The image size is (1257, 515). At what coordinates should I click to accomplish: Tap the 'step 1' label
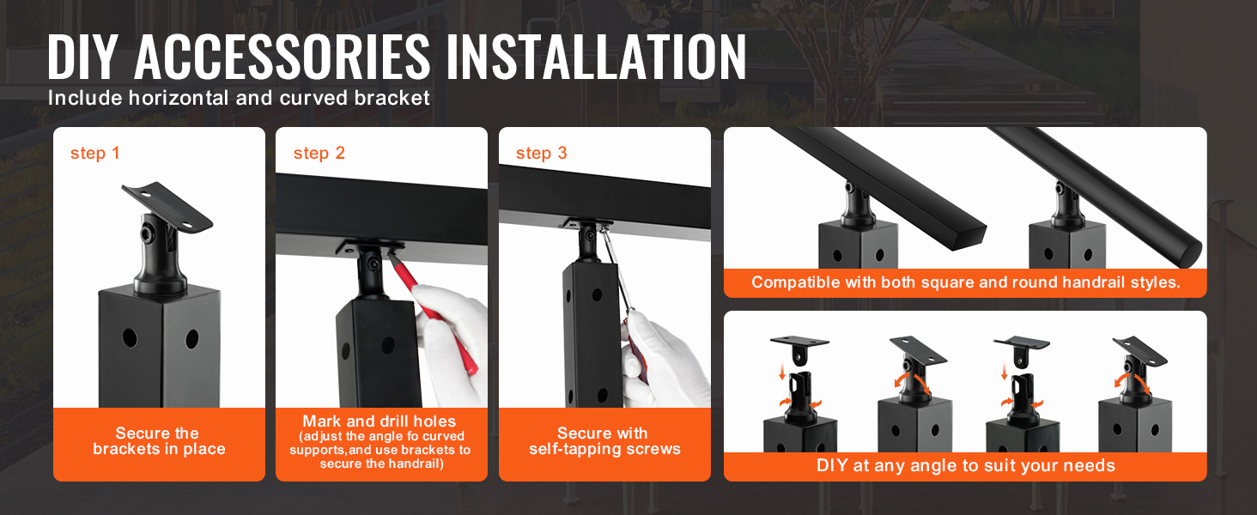click(95, 154)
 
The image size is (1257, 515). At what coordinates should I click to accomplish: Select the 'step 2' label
click(319, 154)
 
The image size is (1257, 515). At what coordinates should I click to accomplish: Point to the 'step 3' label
click(541, 154)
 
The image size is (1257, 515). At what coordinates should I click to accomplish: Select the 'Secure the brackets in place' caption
click(159, 441)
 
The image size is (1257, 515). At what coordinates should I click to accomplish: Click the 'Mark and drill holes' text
click(379, 421)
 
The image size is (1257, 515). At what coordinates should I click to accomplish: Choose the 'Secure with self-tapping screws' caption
click(604, 441)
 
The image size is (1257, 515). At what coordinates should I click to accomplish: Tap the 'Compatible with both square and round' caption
click(965, 282)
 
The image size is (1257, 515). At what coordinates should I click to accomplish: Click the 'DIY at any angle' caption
click(965, 466)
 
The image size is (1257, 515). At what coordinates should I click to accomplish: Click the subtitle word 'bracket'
click(392, 98)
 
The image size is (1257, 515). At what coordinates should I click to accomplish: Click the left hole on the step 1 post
click(130, 337)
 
